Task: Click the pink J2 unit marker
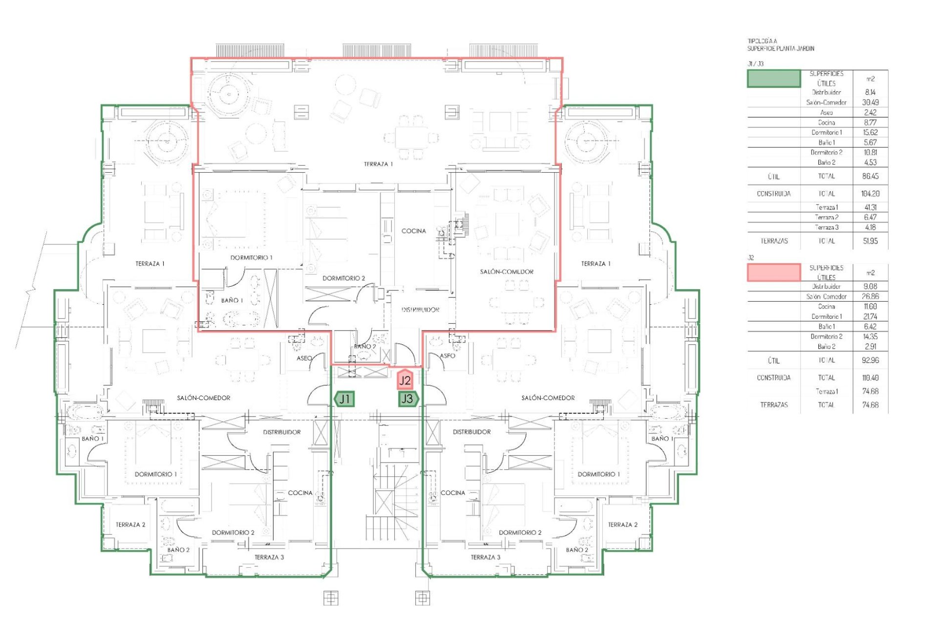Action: click(405, 380)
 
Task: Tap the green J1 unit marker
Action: click(345, 399)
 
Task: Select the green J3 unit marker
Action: click(407, 399)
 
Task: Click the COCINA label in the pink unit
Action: click(413, 231)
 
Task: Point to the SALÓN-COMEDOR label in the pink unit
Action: click(506, 272)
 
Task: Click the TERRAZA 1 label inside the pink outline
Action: click(378, 164)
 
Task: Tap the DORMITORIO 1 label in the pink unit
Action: click(251, 258)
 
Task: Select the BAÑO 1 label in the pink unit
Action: click(232, 300)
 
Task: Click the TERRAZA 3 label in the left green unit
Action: click(269, 557)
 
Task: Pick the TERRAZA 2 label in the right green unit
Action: click(622, 525)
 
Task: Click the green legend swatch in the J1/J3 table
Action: click(774, 79)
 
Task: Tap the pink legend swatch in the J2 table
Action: click(774, 273)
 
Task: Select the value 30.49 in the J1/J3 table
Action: click(870, 102)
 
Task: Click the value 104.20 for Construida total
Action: click(870, 194)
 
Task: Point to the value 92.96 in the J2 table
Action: click(870, 360)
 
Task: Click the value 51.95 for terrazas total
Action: click(870, 241)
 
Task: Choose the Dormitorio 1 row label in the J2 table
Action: click(826, 316)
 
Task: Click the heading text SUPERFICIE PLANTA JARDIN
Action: click(780, 48)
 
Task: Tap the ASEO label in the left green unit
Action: click(304, 358)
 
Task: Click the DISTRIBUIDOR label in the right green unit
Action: click(471, 432)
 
